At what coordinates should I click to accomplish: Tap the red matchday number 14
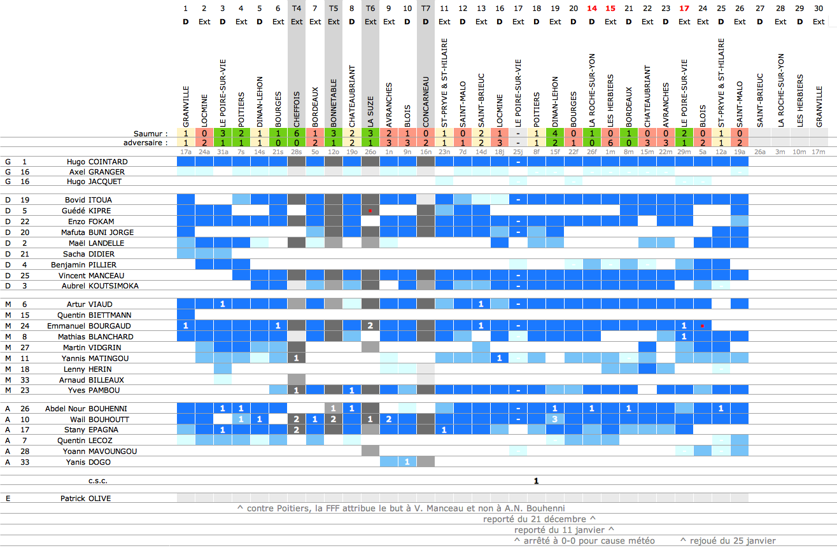592,8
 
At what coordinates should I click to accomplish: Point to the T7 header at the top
426,8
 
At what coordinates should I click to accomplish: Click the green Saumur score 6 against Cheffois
297,134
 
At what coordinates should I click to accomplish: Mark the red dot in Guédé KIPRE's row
370,210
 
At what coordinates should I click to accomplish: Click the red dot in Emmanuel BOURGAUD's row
702,326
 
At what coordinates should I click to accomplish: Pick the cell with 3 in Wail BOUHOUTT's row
555,419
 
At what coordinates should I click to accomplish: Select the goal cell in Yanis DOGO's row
407,462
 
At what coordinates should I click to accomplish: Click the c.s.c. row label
99,481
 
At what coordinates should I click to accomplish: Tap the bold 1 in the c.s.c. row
537,481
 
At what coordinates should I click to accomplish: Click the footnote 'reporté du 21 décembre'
539,519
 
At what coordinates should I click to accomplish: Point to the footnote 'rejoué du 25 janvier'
728,541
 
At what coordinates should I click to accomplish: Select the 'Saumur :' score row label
151,134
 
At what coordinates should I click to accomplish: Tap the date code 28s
297,152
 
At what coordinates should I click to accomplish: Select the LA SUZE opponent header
370,108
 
